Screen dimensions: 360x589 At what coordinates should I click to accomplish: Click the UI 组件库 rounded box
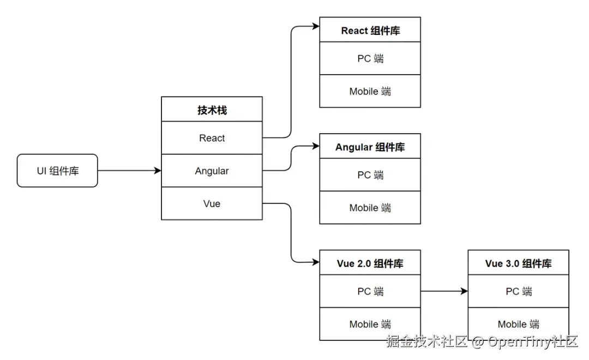point(57,171)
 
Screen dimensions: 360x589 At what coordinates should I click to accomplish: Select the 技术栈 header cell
point(212,110)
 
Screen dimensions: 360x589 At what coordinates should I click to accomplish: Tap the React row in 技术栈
point(212,138)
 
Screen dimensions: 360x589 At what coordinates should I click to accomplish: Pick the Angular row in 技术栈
point(212,171)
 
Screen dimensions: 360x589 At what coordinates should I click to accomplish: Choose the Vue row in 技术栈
point(212,203)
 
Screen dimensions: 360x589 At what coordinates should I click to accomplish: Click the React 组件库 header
point(370,31)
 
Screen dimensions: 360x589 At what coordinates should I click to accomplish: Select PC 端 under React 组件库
point(370,58)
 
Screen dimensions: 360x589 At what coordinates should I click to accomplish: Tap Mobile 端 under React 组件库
point(370,91)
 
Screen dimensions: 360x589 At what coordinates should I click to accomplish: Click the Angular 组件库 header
point(370,147)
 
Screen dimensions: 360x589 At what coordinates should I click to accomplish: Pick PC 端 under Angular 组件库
point(370,175)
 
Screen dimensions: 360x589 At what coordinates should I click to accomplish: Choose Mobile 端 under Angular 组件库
point(370,208)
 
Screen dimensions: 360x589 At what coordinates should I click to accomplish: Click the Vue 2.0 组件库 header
point(370,263)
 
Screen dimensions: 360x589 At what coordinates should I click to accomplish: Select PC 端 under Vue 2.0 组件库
point(370,291)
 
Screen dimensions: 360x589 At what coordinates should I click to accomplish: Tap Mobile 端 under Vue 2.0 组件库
point(370,324)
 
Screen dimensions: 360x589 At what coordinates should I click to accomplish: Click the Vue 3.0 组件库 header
point(518,263)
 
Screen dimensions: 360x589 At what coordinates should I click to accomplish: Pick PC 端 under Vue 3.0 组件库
point(518,291)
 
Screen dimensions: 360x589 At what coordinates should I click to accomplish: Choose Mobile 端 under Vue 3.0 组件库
point(518,324)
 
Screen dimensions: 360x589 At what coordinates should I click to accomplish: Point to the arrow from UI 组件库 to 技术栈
point(129,171)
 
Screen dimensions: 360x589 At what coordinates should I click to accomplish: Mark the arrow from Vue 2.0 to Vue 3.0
point(444,291)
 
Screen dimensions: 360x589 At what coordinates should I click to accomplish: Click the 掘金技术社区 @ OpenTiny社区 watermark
point(482,342)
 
